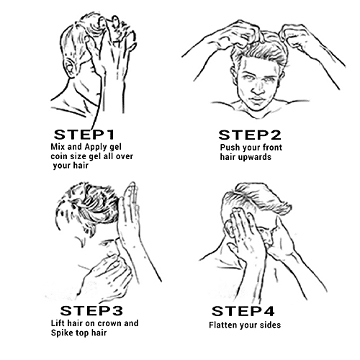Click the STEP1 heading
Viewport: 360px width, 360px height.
(84, 135)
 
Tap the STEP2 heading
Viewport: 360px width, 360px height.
(250, 135)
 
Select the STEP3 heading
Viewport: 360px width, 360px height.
(91, 311)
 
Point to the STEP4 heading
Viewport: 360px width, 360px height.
(243, 311)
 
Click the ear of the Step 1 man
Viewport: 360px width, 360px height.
(70, 68)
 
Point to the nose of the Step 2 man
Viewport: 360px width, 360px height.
(257, 88)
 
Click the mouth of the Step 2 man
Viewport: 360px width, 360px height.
(257, 99)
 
